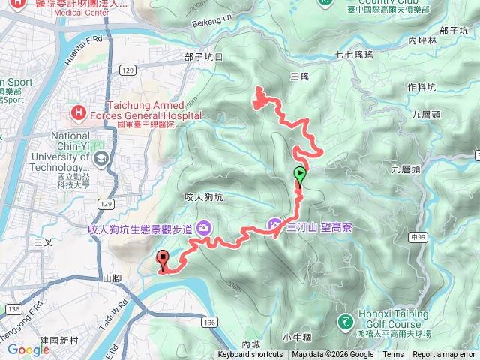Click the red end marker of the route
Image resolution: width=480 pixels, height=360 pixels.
click(162, 259)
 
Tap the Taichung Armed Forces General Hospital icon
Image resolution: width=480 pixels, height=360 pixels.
click(78, 113)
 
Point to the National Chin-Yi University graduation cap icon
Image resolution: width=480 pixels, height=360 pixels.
click(100, 158)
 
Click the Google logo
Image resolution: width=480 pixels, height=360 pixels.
click(28, 349)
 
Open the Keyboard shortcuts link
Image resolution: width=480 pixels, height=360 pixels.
click(250, 355)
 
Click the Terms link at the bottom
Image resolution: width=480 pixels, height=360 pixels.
click(393, 355)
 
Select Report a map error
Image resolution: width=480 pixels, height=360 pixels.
click(444, 355)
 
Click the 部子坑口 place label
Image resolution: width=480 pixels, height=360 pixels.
click(204, 57)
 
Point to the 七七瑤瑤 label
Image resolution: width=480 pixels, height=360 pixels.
click(354, 55)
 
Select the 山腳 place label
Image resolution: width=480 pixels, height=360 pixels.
click(112, 278)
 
